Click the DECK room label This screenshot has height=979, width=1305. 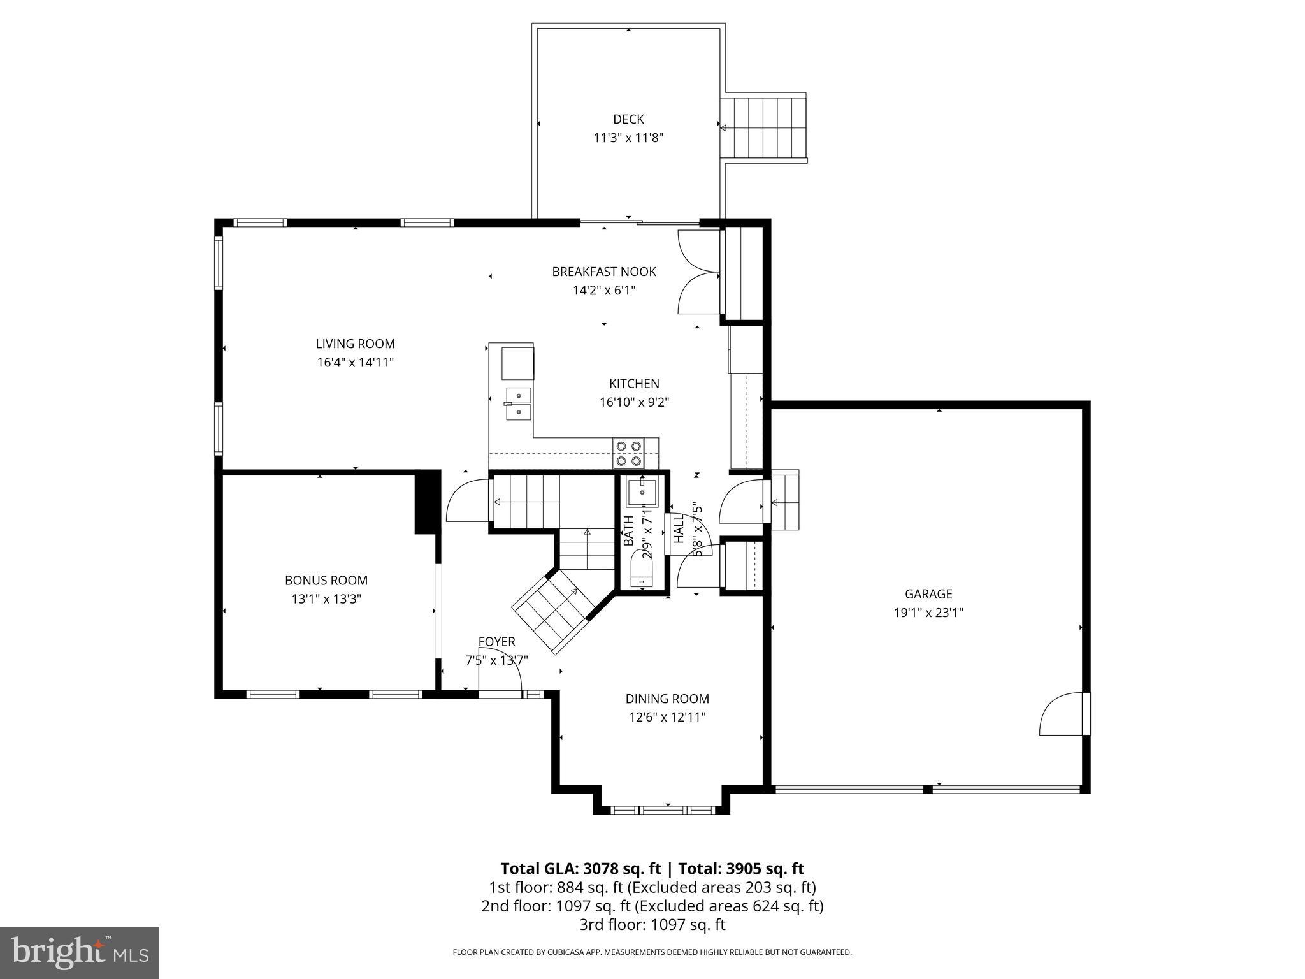(628, 119)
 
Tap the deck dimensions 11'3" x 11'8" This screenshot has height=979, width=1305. (628, 138)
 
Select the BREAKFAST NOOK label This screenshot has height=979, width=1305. (603, 272)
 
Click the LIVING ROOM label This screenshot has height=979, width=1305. (355, 344)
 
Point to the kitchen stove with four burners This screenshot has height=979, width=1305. (628, 453)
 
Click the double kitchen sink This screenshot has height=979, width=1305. (519, 403)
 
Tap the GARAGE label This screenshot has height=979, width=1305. (928, 594)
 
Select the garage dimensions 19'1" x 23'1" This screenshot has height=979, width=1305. (928, 613)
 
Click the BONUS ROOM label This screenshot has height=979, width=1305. (326, 581)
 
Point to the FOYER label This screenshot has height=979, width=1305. (496, 642)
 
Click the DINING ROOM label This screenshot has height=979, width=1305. (667, 699)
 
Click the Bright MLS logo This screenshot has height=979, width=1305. (80, 952)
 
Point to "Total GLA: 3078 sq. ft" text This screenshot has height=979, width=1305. (580, 869)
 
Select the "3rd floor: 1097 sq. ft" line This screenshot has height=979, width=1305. (652, 924)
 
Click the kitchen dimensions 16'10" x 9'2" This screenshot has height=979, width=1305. (633, 402)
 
